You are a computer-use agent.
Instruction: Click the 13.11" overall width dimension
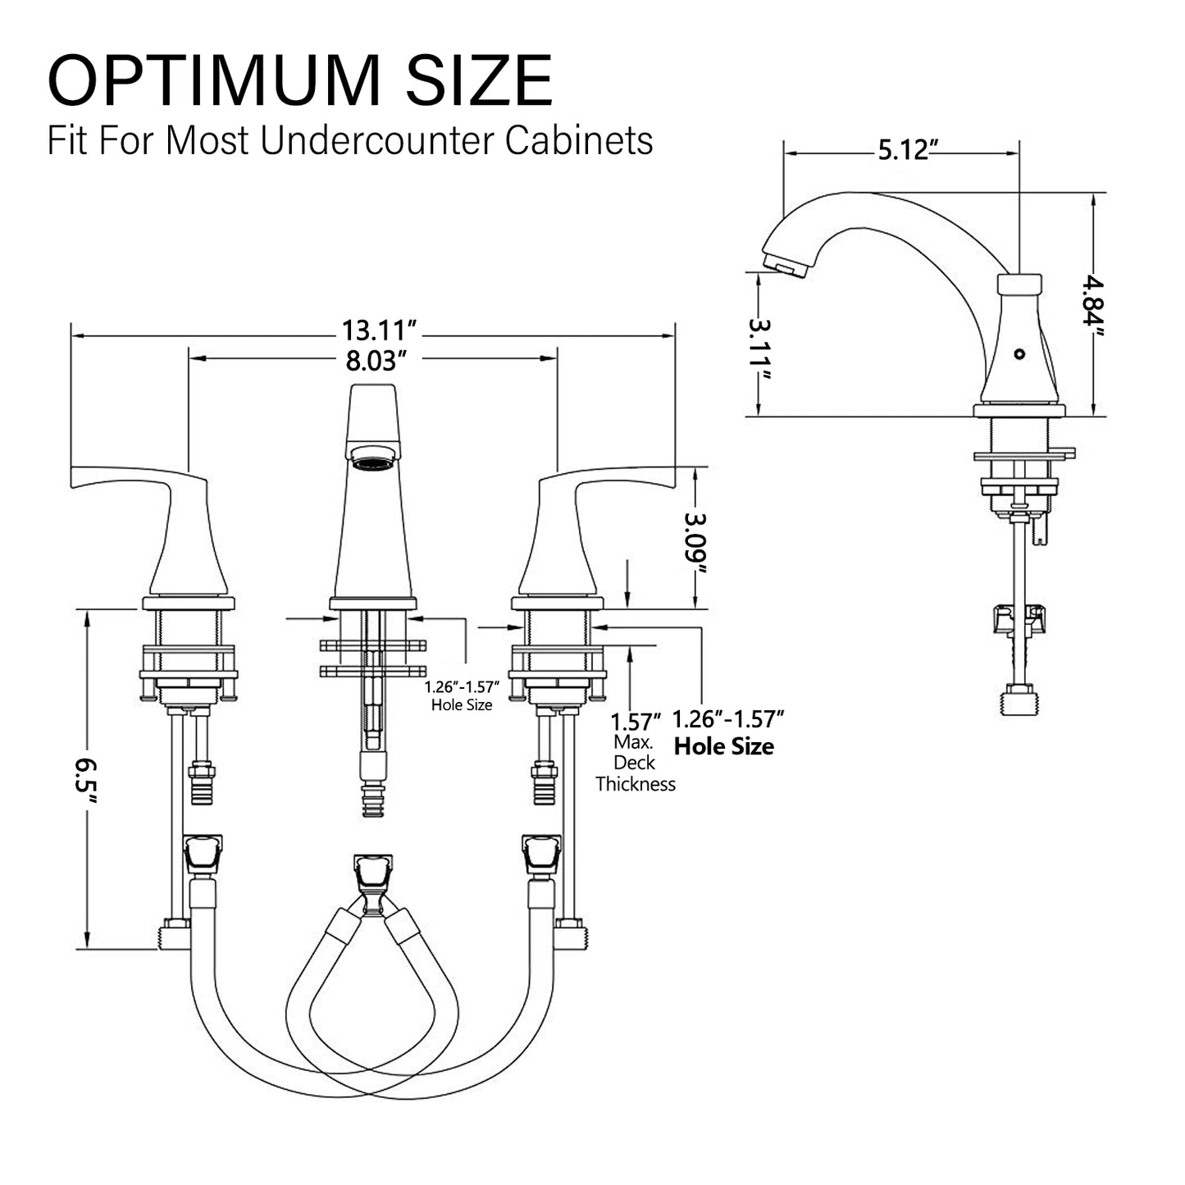381,331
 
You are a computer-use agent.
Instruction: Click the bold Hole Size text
723,747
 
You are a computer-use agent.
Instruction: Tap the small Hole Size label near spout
462,704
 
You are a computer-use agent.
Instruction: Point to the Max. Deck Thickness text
636,763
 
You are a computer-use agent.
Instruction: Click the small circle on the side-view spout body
1019,354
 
